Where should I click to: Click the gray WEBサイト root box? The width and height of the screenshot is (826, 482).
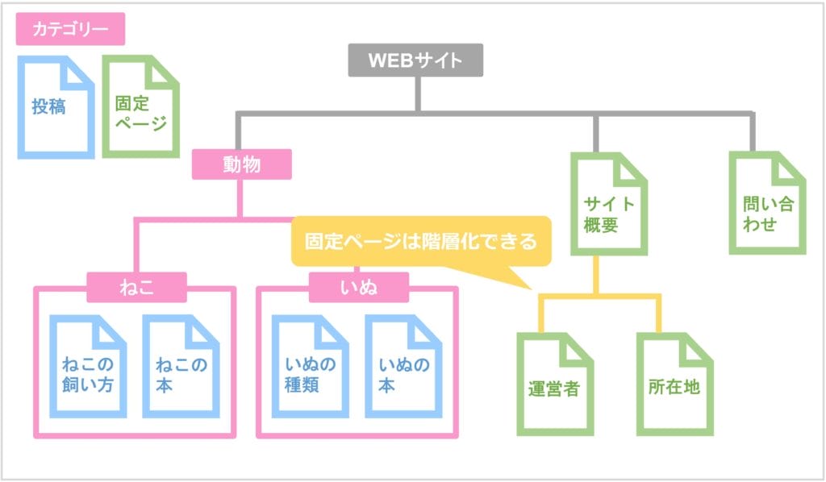coord(415,60)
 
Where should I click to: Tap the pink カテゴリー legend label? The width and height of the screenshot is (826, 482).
coord(70,30)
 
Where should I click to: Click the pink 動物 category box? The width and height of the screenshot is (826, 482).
coord(241,165)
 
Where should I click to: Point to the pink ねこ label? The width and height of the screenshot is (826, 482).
coord(136,285)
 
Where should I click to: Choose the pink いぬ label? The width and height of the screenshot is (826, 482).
coord(358,285)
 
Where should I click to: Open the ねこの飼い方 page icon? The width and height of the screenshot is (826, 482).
coord(88,368)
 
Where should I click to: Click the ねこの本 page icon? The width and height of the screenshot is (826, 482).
coord(181,368)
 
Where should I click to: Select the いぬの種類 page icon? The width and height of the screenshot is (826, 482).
coord(310,368)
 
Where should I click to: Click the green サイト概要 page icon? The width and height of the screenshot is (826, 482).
coord(608,205)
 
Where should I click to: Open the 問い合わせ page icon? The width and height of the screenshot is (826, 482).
coord(766,205)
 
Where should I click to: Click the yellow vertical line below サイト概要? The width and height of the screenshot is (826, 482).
coord(597,276)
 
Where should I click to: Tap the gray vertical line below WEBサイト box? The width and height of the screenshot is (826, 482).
coord(417,94)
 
